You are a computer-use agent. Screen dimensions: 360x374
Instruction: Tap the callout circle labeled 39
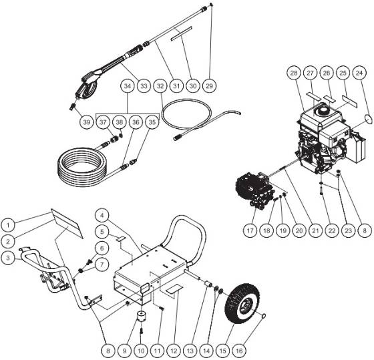85,122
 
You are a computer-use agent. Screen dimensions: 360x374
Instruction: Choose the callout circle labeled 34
127,86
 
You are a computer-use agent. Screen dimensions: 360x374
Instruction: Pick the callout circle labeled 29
212,86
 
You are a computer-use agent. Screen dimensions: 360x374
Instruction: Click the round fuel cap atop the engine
325,108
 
